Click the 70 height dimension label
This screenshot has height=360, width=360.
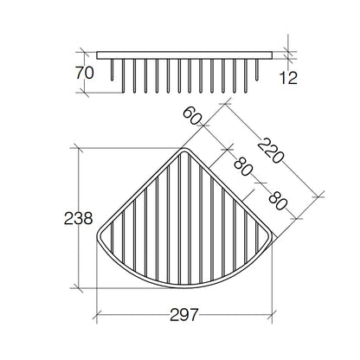85,73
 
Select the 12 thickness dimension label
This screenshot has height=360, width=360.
288,78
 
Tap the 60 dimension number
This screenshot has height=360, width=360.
192,116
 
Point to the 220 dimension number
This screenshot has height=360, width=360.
270,151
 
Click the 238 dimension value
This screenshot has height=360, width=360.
78,218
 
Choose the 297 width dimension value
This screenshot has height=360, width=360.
184,315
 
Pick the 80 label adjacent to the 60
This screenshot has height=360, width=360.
243,166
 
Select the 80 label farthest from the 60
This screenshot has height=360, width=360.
278,201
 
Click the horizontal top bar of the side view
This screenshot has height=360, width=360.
184,55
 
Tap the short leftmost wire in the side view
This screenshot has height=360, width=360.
112,70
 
